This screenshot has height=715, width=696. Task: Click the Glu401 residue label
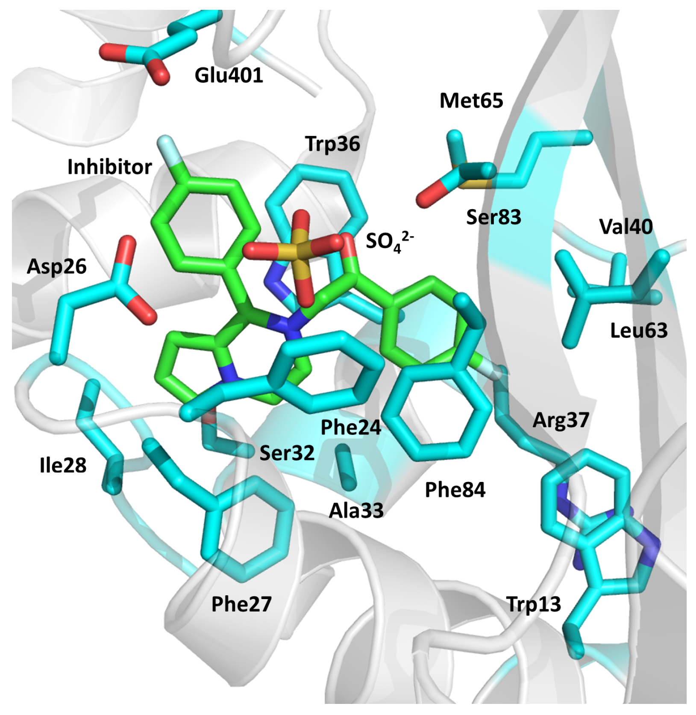229,76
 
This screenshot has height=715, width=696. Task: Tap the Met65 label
471,101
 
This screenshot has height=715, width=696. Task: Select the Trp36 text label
332,144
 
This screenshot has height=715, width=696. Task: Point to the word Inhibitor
109,167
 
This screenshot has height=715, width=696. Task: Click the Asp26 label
56,267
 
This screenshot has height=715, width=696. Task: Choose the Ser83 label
493,217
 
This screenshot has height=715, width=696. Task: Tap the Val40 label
626,227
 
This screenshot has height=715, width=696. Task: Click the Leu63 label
638,331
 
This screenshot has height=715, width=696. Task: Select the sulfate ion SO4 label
389,242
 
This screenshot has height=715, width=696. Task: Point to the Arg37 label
561,420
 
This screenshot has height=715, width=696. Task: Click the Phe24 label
350,427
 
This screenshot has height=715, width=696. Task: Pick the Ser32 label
287,452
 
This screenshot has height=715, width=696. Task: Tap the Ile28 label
63,465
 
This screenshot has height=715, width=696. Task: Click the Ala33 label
356,510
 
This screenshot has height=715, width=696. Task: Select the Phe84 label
455,490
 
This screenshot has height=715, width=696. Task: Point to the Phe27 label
241,604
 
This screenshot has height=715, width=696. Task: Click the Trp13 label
533,604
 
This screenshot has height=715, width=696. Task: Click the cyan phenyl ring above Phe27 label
248,530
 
